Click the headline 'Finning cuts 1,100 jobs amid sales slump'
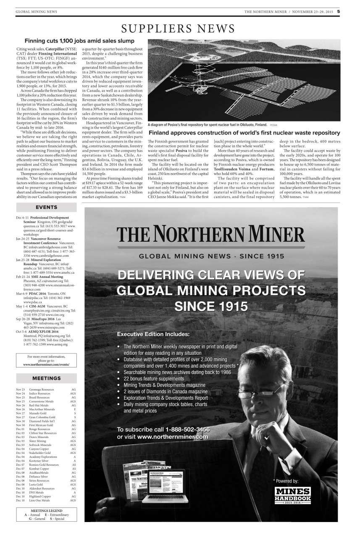click(79, 41)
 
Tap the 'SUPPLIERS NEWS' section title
click(178, 29)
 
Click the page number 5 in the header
click(338, 11)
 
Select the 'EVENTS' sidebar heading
click(46, 207)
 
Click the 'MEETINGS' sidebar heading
click(46, 378)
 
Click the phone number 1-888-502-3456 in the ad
click(187, 429)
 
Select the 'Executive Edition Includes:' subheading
click(153, 335)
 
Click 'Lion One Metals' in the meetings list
click(39, 501)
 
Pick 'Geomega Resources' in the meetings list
click(42, 390)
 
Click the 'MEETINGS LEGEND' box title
click(46, 511)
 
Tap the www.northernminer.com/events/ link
click(46, 364)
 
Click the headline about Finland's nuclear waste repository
click(244, 132)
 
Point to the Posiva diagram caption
click(208, 125)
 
